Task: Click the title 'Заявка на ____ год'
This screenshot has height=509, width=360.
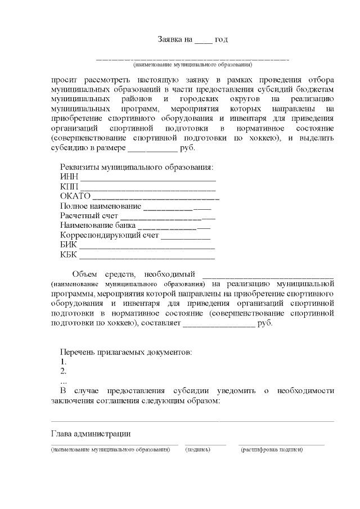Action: (192, 39)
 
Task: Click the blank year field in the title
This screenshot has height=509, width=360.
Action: (204, 42)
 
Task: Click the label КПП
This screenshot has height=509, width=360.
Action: (69, 187)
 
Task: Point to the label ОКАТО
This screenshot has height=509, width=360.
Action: (75, 196)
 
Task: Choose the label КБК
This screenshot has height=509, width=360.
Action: (69, 254)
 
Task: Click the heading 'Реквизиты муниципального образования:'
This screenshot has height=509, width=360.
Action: (137, 168)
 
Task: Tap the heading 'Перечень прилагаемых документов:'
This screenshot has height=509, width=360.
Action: (126, 352)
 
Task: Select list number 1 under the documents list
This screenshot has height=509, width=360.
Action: (63, 362)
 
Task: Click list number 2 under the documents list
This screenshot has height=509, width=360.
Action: (63, 371)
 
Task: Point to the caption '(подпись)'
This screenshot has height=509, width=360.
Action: (198, 450)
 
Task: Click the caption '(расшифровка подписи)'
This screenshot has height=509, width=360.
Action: (271, 450)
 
